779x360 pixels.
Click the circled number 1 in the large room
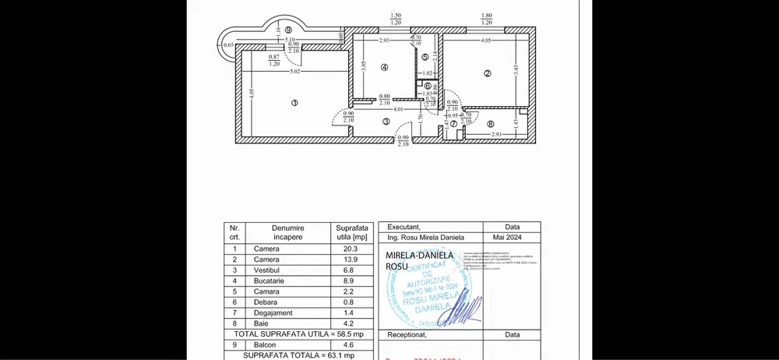(x=294, y=102)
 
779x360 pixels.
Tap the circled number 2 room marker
(x=488, y=74)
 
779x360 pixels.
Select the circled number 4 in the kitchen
(x=384, y=67)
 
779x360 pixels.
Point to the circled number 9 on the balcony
(x=266, y=30)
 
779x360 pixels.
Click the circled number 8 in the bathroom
(x=490, y=124)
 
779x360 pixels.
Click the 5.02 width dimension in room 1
(x=296, y=72)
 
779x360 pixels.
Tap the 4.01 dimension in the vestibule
(x=399, y=109)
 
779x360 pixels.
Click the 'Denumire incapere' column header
(x=287, y=231)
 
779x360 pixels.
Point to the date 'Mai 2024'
(x=512, y=237)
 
